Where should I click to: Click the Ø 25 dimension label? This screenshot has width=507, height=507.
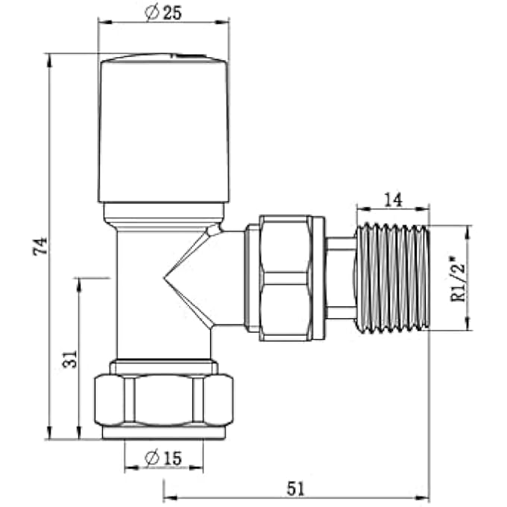coord(163,13)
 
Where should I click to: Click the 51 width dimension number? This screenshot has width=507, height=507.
coord(295,488)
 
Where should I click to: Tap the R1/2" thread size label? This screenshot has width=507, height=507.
coord(456,277)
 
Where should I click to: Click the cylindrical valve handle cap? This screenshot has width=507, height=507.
coord(163,130)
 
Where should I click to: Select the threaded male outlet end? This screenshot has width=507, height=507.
coord(392,277)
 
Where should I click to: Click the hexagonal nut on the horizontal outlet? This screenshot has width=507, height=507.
coord(286,277)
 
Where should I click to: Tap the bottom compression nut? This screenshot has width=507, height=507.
coord(163,400)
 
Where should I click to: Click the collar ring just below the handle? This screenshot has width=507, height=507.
coord(163,214)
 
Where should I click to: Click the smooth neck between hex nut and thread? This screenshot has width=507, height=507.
coord(340,277)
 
